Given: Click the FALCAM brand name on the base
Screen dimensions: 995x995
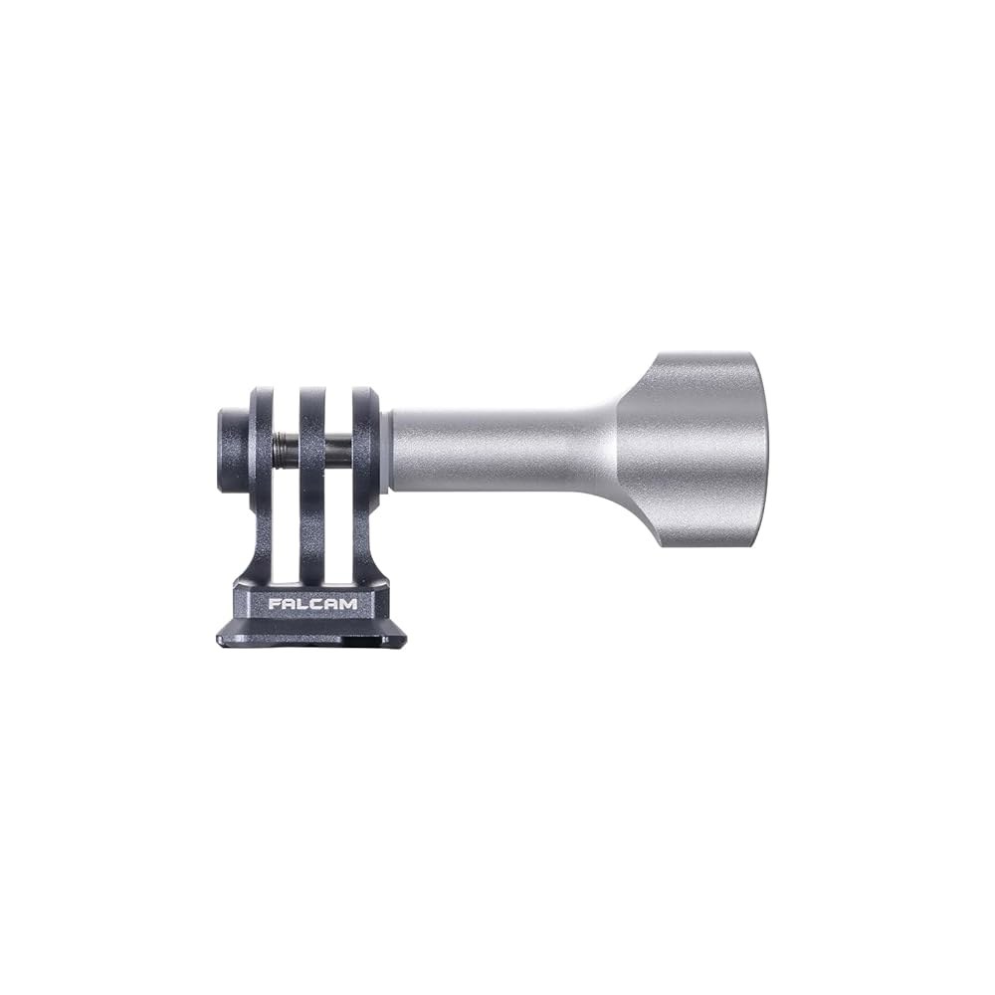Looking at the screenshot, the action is coord(312,604).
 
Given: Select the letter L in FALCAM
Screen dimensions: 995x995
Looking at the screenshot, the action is coord(304,604).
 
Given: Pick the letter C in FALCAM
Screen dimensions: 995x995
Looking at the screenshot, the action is coord(318,604).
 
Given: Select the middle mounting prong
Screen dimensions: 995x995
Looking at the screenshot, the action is coord(314,483).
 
